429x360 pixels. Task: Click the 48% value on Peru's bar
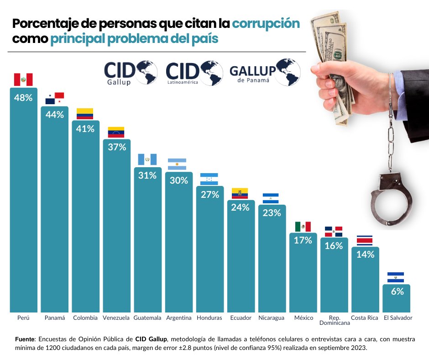23,97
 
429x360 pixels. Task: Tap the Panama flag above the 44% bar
54,98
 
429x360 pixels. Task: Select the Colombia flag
85,114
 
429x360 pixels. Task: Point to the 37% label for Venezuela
116,147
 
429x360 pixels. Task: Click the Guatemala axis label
147,318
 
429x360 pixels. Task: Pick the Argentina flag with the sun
177,164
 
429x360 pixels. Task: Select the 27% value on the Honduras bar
209,194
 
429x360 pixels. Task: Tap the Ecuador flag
240,193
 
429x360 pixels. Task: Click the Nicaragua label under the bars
271,318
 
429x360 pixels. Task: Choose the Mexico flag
303,227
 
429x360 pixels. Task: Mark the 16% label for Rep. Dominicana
334,246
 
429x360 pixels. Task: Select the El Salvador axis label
398,318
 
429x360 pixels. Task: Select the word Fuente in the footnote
25,339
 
